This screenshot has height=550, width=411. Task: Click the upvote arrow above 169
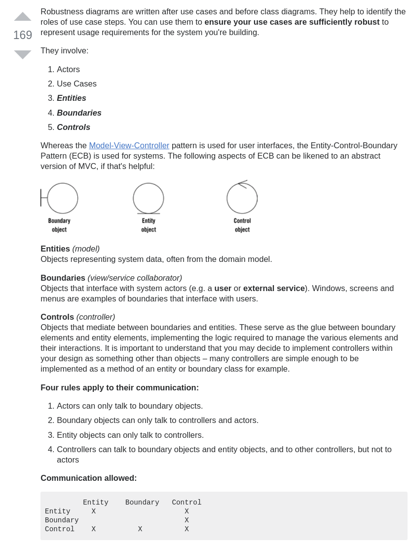click(x=23, y=17)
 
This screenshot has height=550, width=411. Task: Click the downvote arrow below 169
click(x=23, y=54)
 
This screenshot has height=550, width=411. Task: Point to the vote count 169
click(x=23, y=35)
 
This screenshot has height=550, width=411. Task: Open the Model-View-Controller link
click(x=129, y=145)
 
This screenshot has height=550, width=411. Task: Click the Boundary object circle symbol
click(x=62, y=198)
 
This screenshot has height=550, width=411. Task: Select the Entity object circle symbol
click(x=149, y=198)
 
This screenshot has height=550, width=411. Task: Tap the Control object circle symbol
click(x=242, y=198)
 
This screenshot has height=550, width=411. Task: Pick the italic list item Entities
click(x=72, y=98)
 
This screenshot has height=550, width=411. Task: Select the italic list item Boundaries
click(x=79, y=113)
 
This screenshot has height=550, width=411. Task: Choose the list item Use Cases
click(x=76, y=84)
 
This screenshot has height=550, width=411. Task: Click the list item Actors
click(x=68, y=69)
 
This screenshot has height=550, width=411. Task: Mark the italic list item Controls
click(x=74, y=127)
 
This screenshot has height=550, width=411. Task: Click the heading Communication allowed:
click(x=89, y=478)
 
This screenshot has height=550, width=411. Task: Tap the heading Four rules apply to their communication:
click(x=119, y=387)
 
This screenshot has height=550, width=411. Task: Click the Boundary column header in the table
click(x=142, y=503)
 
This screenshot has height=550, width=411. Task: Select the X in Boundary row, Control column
click(x=187, y=520)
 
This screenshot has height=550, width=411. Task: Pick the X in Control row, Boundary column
click(x=140, y=529)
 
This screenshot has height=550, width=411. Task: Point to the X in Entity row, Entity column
click(x=93, y=511)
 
